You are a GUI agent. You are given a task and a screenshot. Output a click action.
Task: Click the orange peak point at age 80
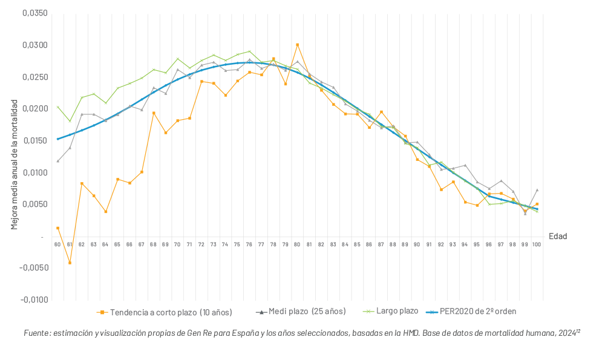pos(297,45)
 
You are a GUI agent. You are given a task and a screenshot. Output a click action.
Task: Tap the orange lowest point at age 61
pos(70,263)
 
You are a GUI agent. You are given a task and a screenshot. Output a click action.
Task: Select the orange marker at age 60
pos(57,228)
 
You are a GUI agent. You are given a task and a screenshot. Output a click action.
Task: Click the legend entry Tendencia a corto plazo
pos(165,312)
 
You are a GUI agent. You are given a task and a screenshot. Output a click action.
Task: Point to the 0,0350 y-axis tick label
pos(34,13)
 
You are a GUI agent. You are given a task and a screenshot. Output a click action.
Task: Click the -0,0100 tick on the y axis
pos(33,299)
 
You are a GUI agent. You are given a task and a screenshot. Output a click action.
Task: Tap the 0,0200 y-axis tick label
pos(34,109)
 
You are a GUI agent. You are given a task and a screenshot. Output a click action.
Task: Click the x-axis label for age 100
pos(537,244)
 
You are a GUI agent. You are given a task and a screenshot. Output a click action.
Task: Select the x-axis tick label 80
pos(297,244)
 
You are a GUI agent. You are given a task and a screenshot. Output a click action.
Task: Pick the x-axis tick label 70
pos(177,244)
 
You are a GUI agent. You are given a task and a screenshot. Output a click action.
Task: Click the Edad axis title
pos(558,237)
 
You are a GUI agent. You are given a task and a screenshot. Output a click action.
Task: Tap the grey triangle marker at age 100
pos(537,190)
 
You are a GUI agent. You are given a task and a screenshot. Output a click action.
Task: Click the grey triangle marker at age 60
pos(57,161)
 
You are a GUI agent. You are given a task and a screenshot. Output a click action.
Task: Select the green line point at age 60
pos(57,107)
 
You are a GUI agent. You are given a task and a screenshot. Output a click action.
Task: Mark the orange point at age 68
pos(154,113)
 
